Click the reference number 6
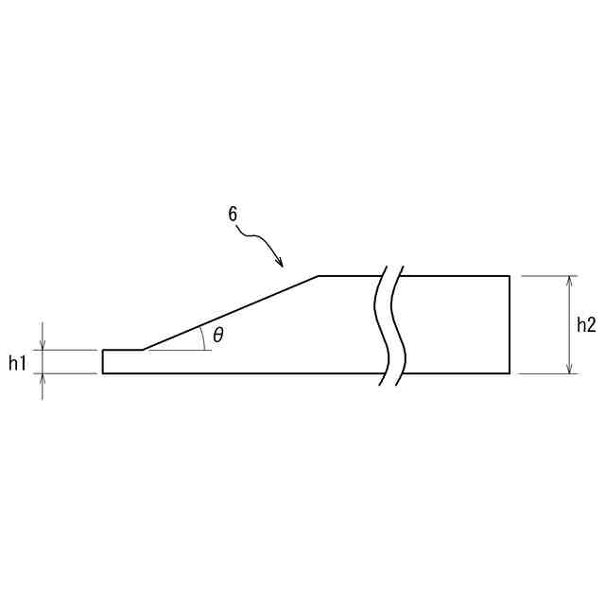pos(233,215)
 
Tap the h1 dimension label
pos(17,363)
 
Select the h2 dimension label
pos(586,325)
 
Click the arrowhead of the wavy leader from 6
pos(281,263)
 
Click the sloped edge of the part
pos(231,313)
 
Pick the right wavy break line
pos(399,325)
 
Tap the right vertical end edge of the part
pos(510,324)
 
